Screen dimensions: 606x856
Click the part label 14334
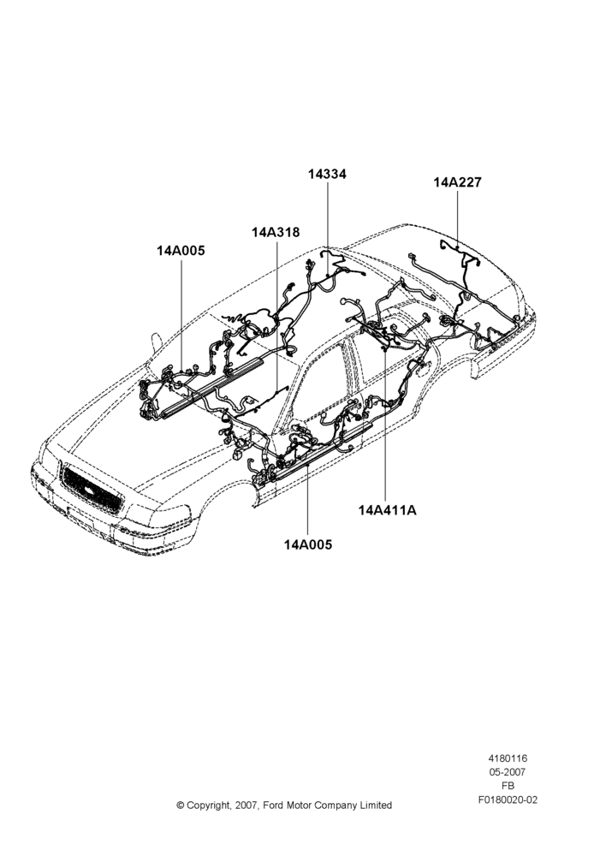point(327,174)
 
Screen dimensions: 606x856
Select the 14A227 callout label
point(458,182)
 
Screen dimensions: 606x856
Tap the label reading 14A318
point(276,232)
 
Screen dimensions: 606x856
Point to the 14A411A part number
point(387,510)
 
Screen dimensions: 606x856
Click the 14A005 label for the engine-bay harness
point(181,251)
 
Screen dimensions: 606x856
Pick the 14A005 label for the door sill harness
point(307,544)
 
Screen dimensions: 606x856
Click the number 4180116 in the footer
point(508,758)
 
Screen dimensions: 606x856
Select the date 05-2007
point(508,772)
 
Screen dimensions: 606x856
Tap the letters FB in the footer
point(508,786)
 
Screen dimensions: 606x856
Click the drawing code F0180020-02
point(508,800)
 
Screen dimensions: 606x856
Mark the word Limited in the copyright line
point(376,805)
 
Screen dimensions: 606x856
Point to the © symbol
point(180,805)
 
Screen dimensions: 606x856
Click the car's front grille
point(92,489)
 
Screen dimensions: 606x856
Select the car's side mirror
point(155,342)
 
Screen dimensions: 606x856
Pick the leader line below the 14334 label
point(328,229)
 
